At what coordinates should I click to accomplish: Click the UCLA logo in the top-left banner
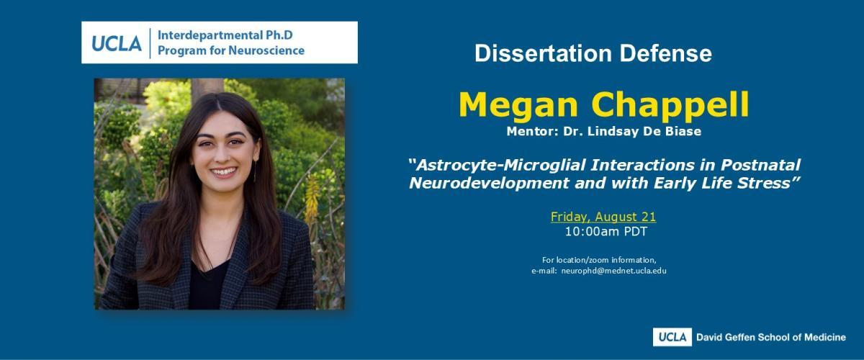coord(117,43)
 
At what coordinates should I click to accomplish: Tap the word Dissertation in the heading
coord(543,53)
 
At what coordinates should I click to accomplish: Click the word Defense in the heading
coord(666,53)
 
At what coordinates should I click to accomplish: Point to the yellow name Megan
coord(518,106)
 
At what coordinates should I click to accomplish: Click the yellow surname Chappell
coord(670,106)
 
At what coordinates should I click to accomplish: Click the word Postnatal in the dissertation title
coord(760,165)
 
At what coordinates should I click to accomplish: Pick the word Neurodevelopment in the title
coord(489,184)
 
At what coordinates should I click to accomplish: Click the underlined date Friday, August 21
coord(603,217)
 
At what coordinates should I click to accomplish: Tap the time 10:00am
coord(589,232)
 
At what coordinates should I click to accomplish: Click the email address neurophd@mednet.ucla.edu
coord(613,271)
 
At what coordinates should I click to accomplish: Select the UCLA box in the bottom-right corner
coord(672,337)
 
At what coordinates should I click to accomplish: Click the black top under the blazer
coord(207,286)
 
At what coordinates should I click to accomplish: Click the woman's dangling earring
coord(255,171)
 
